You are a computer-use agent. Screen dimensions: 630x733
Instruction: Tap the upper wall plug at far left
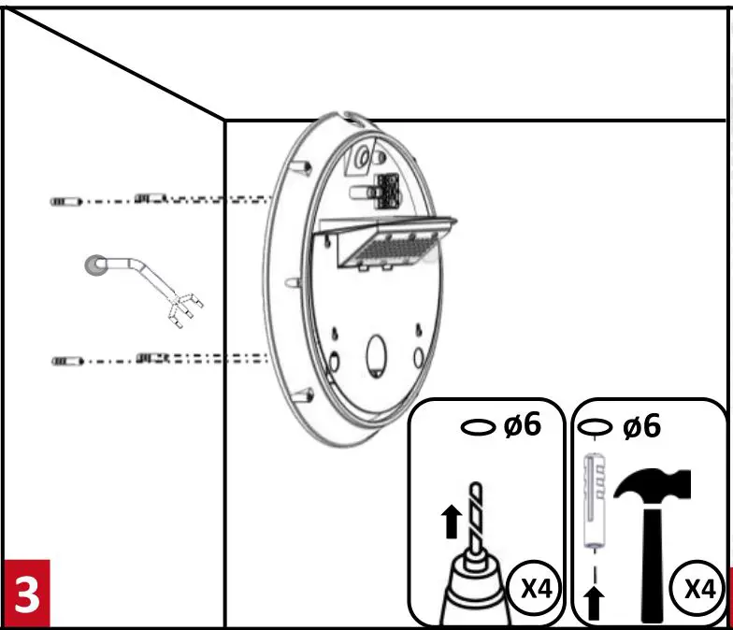pyautogui.click(x=65, y=201)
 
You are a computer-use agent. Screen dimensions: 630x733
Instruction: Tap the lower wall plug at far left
pyautogui.click(x=65, y=360)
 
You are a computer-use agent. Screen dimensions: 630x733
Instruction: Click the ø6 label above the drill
pyautogui.click(x=523, y=424)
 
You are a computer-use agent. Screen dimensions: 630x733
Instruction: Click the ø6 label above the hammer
pyautogui.click(x=641, y=426)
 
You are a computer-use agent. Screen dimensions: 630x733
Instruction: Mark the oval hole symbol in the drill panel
pyautogui.click(x=480, y=426)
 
